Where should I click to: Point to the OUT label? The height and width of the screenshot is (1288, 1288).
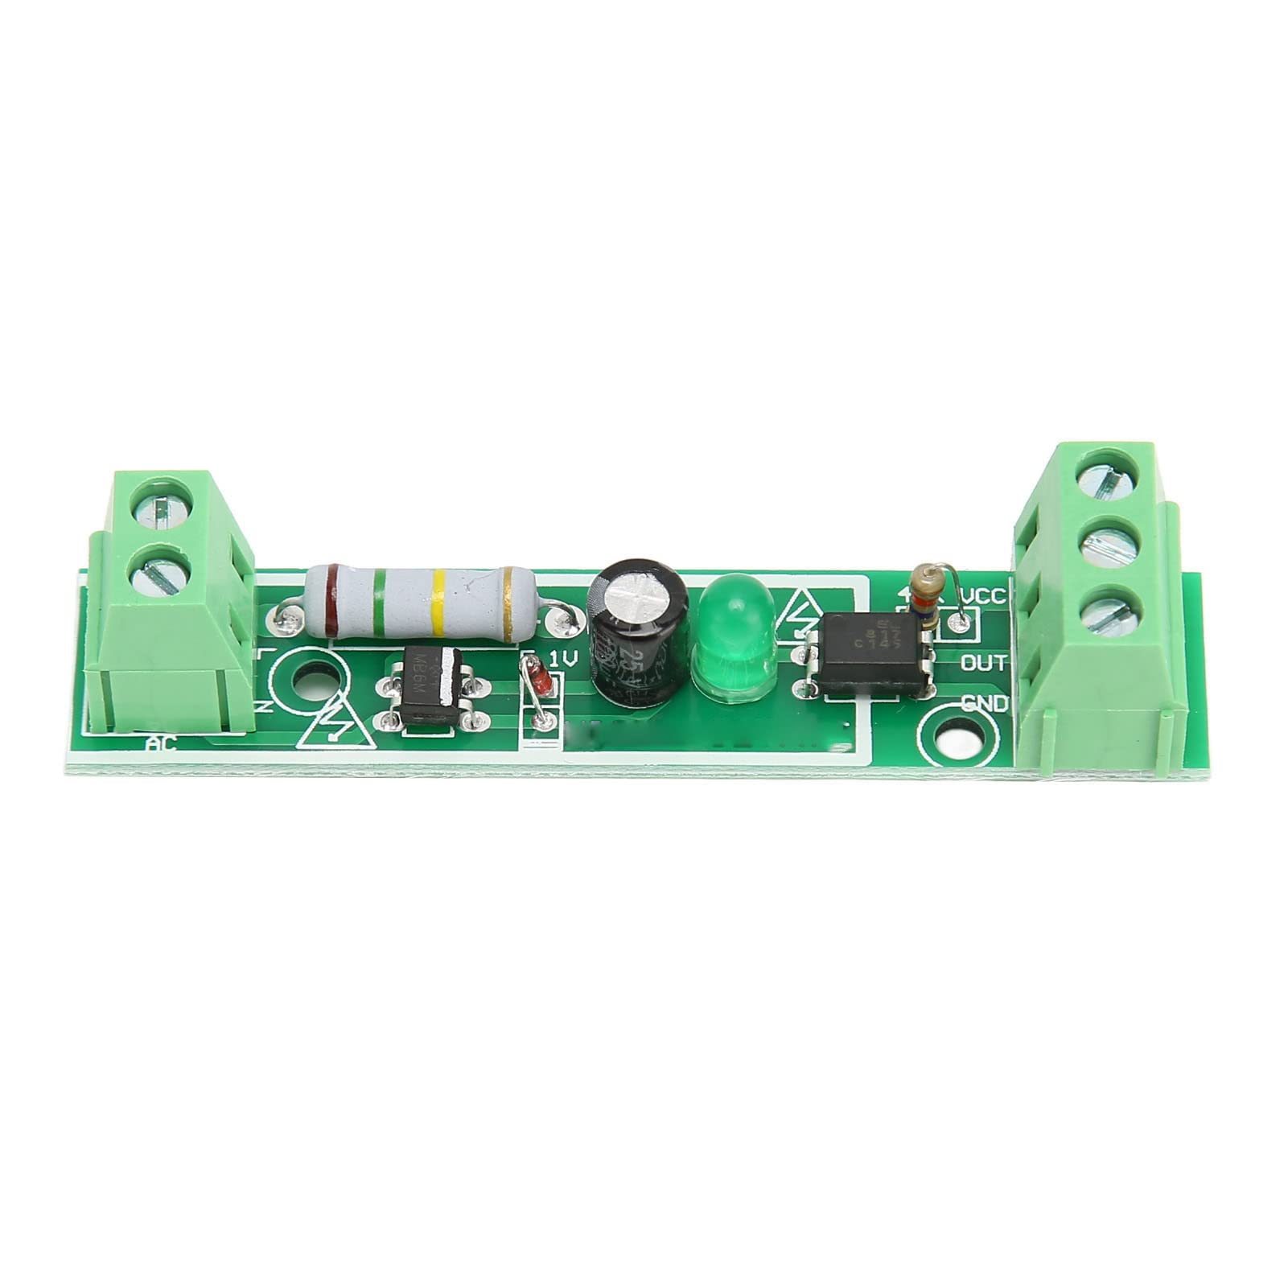coord(983,663)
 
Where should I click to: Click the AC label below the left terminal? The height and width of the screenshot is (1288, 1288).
coord(162,744)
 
